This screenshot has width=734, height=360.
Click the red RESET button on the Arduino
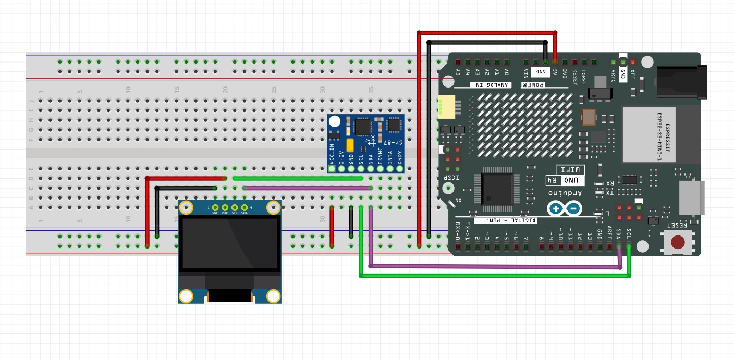click(x=677, y=242)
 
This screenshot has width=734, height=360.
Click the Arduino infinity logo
click(x=565, y=209)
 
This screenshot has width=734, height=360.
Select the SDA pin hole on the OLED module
click(x=244, y=207)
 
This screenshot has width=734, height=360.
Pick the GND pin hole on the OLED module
click(x=215, y=207)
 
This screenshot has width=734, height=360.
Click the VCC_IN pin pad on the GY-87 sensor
click(x=332, y=168)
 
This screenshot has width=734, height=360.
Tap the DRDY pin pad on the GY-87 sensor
click(x=400, y=168)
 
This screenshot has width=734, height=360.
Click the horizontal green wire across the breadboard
click(x=297, y=178)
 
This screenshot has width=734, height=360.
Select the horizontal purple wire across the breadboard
click(x=308, y=188)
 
